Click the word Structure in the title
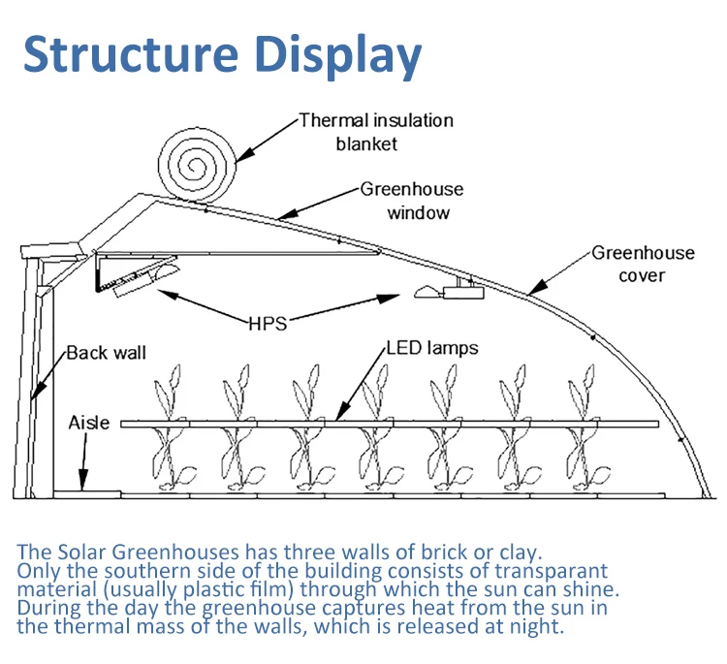[131, 53]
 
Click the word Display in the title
[338, 55]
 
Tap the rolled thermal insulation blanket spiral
[197, 165]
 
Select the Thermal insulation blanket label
[376, 132]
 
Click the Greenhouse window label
[412, 201]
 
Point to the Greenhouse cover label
[643, 264]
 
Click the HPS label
[268, 324]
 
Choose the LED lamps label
[432, 348]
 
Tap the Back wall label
[107, 353]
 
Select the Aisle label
[89, 423]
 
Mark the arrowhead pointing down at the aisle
[83, 480]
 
